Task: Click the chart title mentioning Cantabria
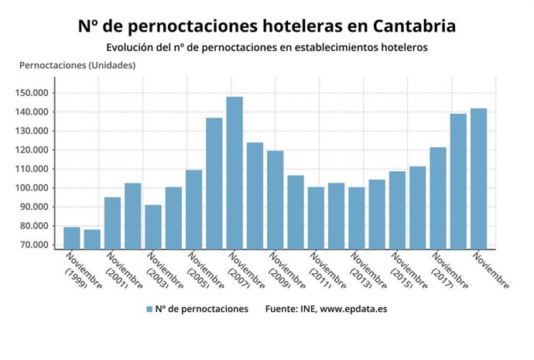267,26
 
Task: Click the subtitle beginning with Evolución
267,48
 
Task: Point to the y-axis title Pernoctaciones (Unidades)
77,65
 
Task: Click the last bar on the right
479,179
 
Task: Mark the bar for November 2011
316,218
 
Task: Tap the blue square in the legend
149,309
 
